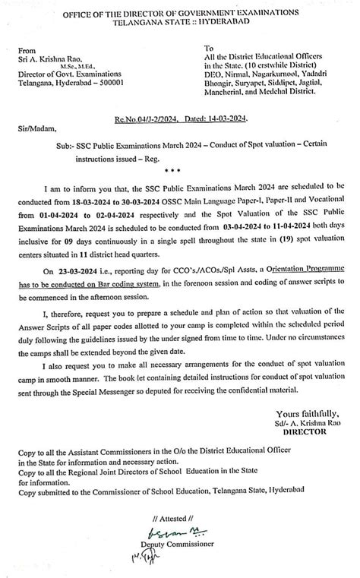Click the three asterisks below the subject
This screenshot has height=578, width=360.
tap(180, 172)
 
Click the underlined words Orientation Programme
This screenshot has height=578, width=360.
tap(283, 260)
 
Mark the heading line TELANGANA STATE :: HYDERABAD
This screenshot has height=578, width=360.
tap(181, 23)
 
